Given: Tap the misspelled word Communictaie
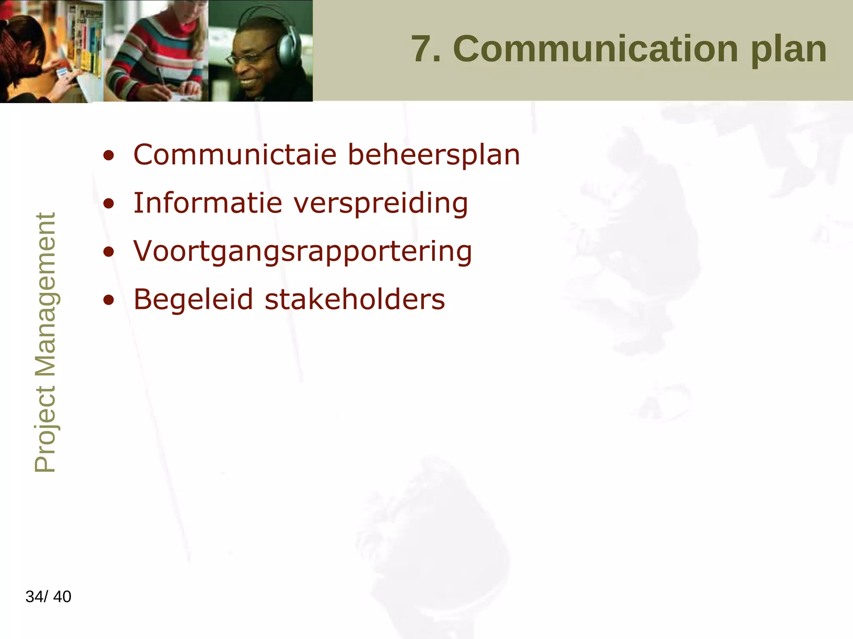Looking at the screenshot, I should click(x=235, y=155).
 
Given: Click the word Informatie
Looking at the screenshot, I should click(x=208, y=203).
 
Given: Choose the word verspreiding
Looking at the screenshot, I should click(x=381, y=204).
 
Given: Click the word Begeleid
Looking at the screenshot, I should click(x=193, y=300).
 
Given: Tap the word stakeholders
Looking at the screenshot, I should click(x=355, y=300).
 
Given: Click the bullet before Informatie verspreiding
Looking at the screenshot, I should click(x=109, y=204).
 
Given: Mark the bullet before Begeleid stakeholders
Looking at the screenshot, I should click(x=109, y=300).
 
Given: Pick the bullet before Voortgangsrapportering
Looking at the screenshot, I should click(x=109, y=252).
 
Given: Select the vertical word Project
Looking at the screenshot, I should click(x=45, y=429).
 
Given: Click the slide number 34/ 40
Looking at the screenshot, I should click(x=48, y=597).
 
